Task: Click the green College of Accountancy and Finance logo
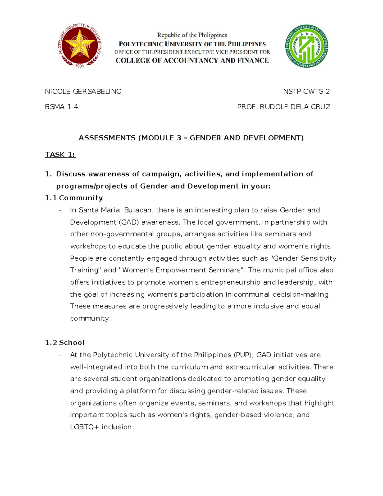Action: pyautogui.click(x=306, y=46)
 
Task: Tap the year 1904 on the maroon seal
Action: pyautogui.click(x=80, y=65)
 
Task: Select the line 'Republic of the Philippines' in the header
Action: pyautogui.click(x=192, y=35)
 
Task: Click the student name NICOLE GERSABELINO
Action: pyautogui.click(x=83, y=92)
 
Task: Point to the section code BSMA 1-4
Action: pyautogui.click(x=61, y=107)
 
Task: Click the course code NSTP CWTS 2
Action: pyautogui.click(x=306, y=92)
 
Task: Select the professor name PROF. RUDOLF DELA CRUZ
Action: pyautogui.click(x=284, y=107)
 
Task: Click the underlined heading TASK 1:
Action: pyautogui.click(x=60, y=155)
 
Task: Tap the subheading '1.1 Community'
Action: pyautogui.click(x=74, y=198)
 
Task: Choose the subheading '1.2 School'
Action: pyautogui.click(x=64, y=343)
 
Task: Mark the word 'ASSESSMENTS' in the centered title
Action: pyautogui.click(x=107, y=138)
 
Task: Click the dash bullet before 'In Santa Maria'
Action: pyautogui.click(x=60, y=210)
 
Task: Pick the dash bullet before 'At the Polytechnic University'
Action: pyautogui.click(x=60, y=355)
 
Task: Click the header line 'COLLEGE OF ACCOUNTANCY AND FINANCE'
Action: pyautogui.click(x=192, y=60)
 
